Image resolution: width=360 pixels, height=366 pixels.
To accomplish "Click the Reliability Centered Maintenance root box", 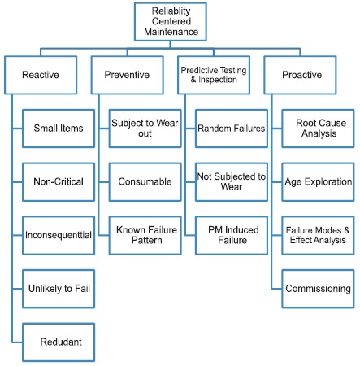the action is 171,22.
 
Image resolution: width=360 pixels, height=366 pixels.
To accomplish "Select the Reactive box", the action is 41,75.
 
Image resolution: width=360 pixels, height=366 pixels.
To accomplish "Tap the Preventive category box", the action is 128,75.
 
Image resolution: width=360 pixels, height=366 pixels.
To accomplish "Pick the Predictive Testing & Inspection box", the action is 214,75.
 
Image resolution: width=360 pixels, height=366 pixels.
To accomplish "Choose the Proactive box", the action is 300,75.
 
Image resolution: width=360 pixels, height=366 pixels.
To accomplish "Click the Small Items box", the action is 59,129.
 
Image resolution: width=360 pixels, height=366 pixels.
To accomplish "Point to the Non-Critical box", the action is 59,181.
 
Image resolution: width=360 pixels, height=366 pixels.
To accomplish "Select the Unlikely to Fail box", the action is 59,289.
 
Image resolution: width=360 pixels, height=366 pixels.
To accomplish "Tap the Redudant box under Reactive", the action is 59,342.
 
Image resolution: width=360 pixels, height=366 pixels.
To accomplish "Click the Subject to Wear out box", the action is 145,129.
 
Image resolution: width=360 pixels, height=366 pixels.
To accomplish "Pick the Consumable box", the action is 145,181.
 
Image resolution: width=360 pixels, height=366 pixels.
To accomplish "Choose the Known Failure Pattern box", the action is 145,235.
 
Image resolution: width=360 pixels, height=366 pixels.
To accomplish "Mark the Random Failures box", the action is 232,129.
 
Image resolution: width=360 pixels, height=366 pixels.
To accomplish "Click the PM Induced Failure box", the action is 232,235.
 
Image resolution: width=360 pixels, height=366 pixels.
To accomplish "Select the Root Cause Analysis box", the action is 318,129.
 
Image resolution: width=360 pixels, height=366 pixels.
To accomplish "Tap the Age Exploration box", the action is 318,181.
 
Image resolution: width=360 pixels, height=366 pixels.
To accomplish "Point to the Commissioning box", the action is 318,289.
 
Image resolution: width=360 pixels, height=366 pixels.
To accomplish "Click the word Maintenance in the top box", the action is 171,32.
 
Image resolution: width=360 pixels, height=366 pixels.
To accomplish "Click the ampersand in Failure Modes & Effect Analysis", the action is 347,230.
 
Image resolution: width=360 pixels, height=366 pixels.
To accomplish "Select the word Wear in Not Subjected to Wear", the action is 232,187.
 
